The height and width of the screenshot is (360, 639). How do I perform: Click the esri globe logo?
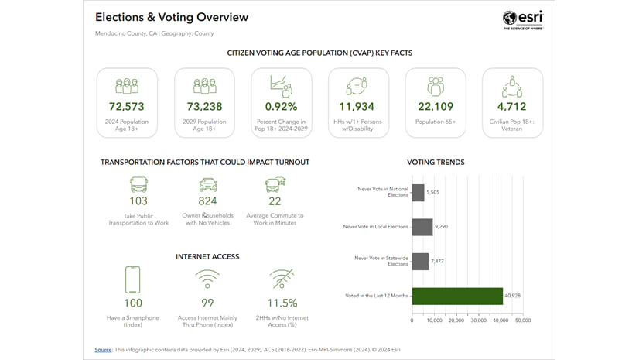[509, 18]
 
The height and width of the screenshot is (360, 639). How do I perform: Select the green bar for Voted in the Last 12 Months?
[457, 296]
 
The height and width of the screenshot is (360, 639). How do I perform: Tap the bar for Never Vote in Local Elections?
[422, 227]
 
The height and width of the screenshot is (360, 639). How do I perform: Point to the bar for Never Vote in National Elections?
[418, 192]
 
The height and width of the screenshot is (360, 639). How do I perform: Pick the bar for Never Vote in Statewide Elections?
[420, 261]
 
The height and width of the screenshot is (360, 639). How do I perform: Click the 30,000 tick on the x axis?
[478, 320]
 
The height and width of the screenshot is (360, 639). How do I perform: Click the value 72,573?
[127, 107]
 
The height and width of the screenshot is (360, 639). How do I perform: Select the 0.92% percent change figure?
[281, 107]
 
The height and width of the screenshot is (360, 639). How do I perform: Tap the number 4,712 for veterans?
[511, 107]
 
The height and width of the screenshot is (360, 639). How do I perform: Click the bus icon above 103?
[138, 183]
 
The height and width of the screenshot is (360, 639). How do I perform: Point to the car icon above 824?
[207, 183]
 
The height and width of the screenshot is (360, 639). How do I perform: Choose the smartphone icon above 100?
[133, 279]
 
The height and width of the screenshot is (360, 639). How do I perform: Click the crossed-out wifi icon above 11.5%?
[281, 279]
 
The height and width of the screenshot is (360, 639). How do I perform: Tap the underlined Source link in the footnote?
[103, 350]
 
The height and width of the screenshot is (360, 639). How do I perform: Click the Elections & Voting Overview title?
[172, 17]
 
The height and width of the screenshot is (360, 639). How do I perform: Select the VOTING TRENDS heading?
[436, 163]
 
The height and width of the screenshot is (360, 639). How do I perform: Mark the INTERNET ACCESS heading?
[207, 256]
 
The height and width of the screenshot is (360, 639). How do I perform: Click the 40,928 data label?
[513, 296]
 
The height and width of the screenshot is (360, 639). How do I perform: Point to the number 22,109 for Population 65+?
[436, 107]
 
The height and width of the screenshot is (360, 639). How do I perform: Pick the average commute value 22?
[275, 201]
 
